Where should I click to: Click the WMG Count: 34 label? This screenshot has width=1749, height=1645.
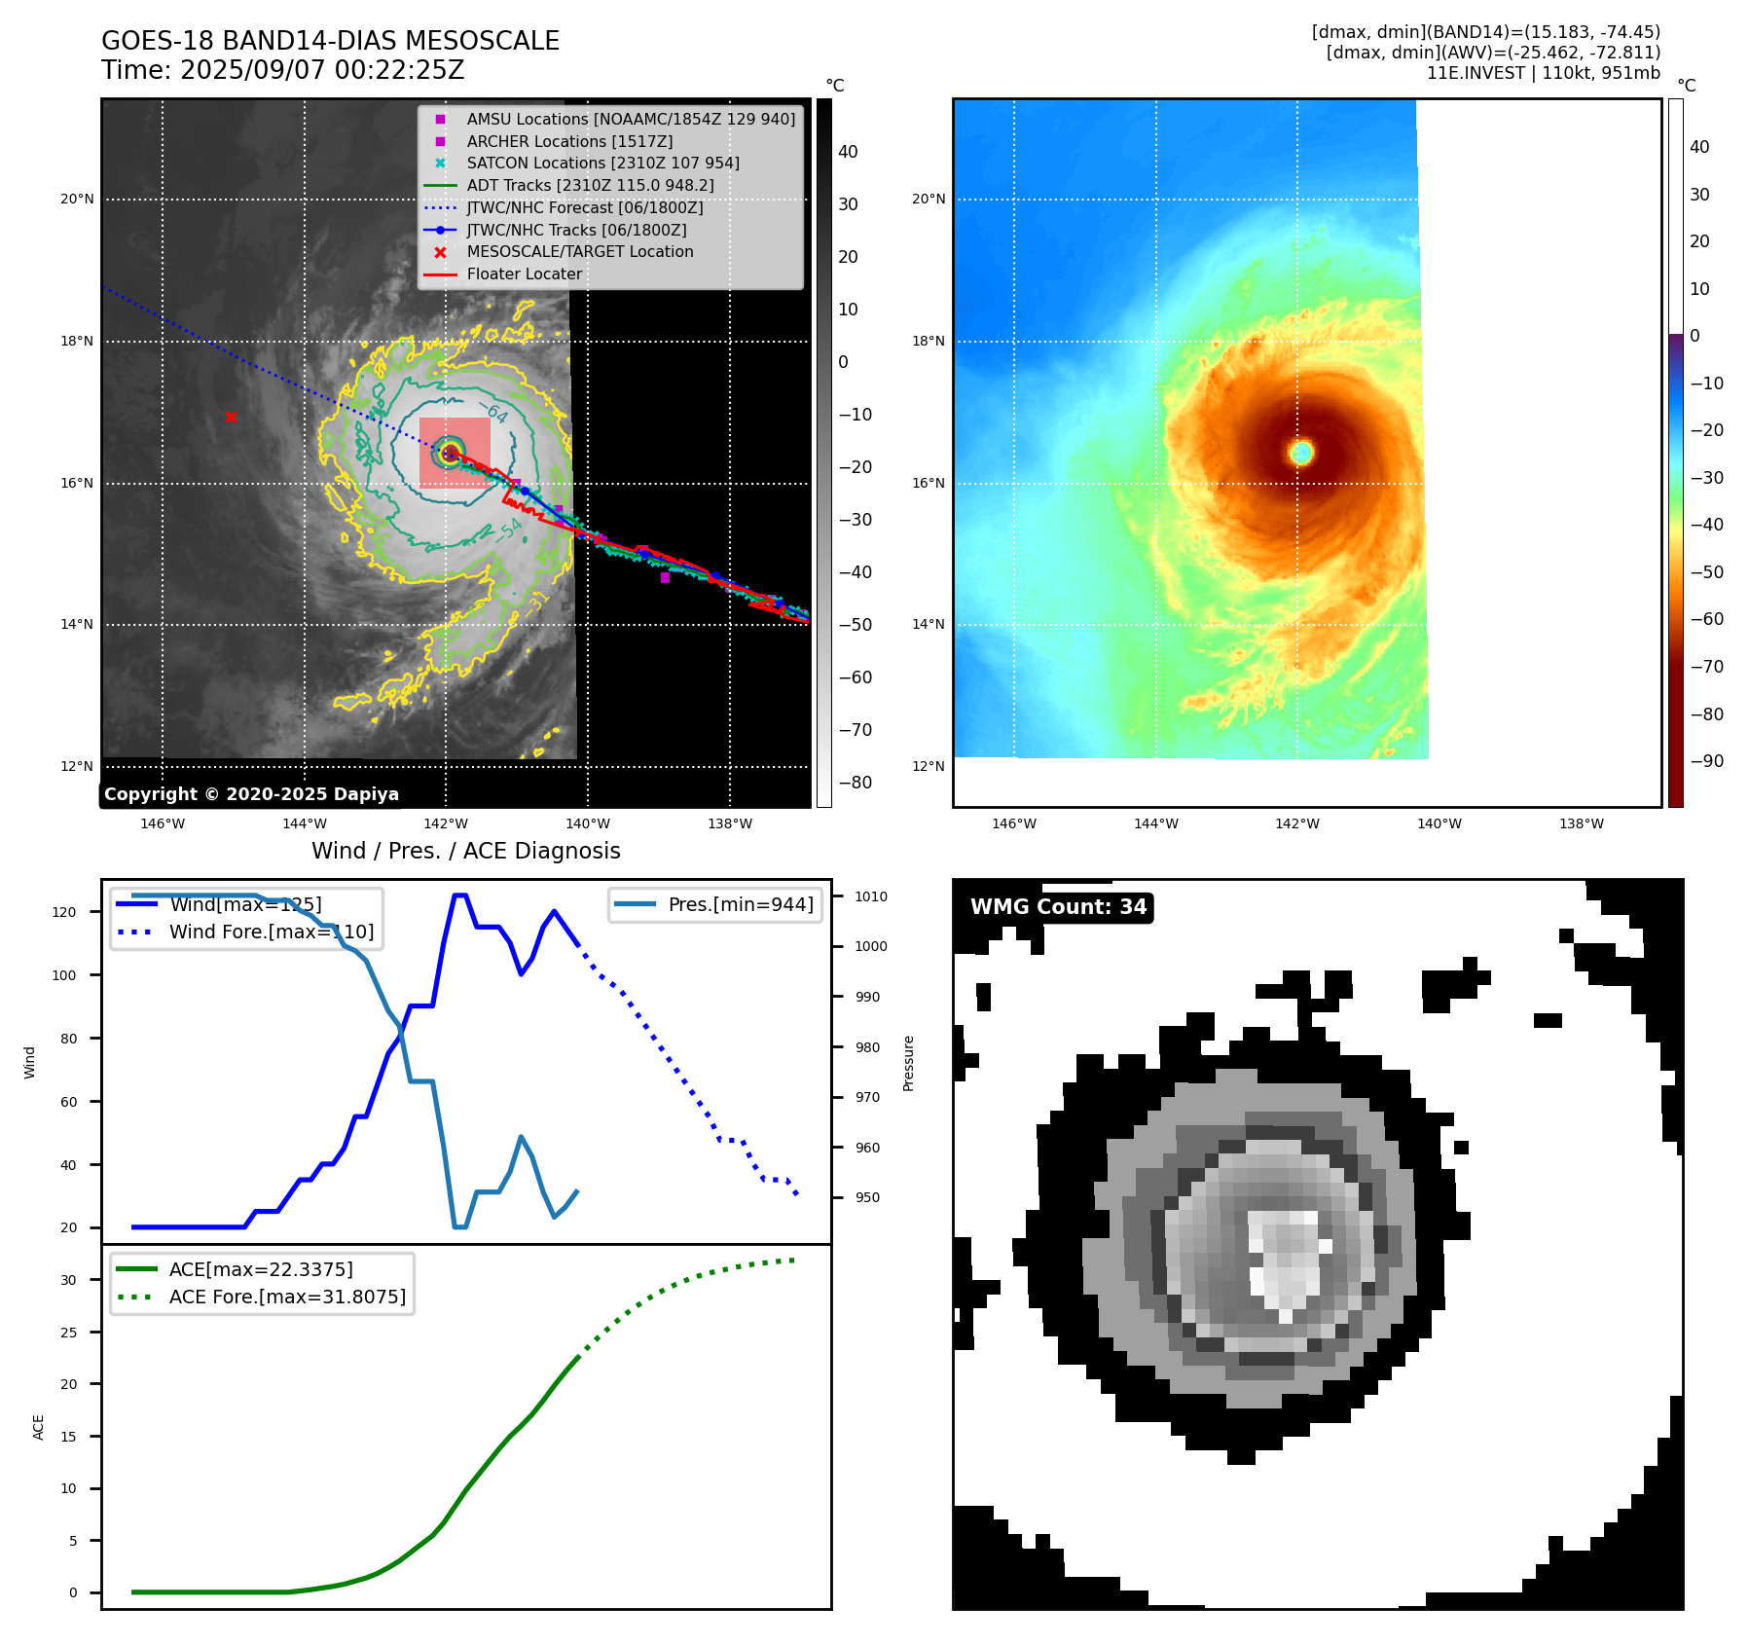1058,907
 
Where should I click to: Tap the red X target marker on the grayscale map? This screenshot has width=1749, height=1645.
231,418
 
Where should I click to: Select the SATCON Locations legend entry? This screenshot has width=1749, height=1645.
602,164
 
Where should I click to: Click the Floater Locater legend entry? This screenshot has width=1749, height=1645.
524,274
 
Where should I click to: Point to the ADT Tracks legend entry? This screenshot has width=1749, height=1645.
590,185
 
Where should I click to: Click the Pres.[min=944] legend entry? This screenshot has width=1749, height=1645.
740,904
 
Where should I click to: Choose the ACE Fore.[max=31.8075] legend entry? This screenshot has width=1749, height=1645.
287,1297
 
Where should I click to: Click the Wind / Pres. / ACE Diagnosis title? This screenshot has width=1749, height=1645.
465,851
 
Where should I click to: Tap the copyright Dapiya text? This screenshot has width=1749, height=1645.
251,794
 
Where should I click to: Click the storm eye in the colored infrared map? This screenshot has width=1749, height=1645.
1301,452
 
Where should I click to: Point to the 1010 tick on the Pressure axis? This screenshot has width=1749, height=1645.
871,896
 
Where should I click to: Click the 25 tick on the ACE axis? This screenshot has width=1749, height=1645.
68,1333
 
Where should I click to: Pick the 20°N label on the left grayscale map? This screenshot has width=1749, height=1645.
77,200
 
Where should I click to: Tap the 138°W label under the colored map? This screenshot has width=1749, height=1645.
1581,823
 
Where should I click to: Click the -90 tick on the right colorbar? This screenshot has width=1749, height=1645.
1706,761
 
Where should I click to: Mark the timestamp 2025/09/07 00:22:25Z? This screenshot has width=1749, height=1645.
321,71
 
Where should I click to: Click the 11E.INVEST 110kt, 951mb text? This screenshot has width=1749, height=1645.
1543,73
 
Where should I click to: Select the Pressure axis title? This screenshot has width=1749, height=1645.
908,1063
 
